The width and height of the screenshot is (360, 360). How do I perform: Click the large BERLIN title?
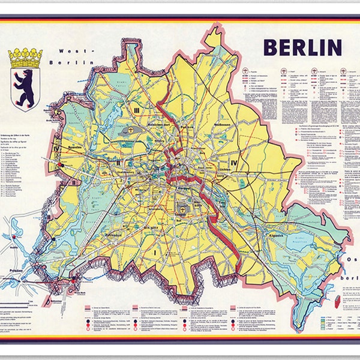pyautogui.click(x=302, y=46)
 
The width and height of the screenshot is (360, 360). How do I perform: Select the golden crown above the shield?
pyautogui.click(x=25, y=57)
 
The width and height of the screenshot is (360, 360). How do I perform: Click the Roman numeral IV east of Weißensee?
pyautogui.click(x=234, y=163)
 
